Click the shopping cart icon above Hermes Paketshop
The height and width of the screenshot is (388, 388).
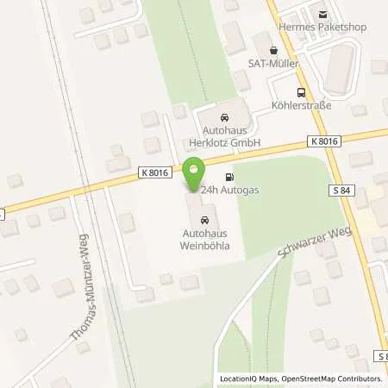322,14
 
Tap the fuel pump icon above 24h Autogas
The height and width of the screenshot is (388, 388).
228,176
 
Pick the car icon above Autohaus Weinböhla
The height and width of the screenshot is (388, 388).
203,219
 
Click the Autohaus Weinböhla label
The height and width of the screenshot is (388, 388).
204,239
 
